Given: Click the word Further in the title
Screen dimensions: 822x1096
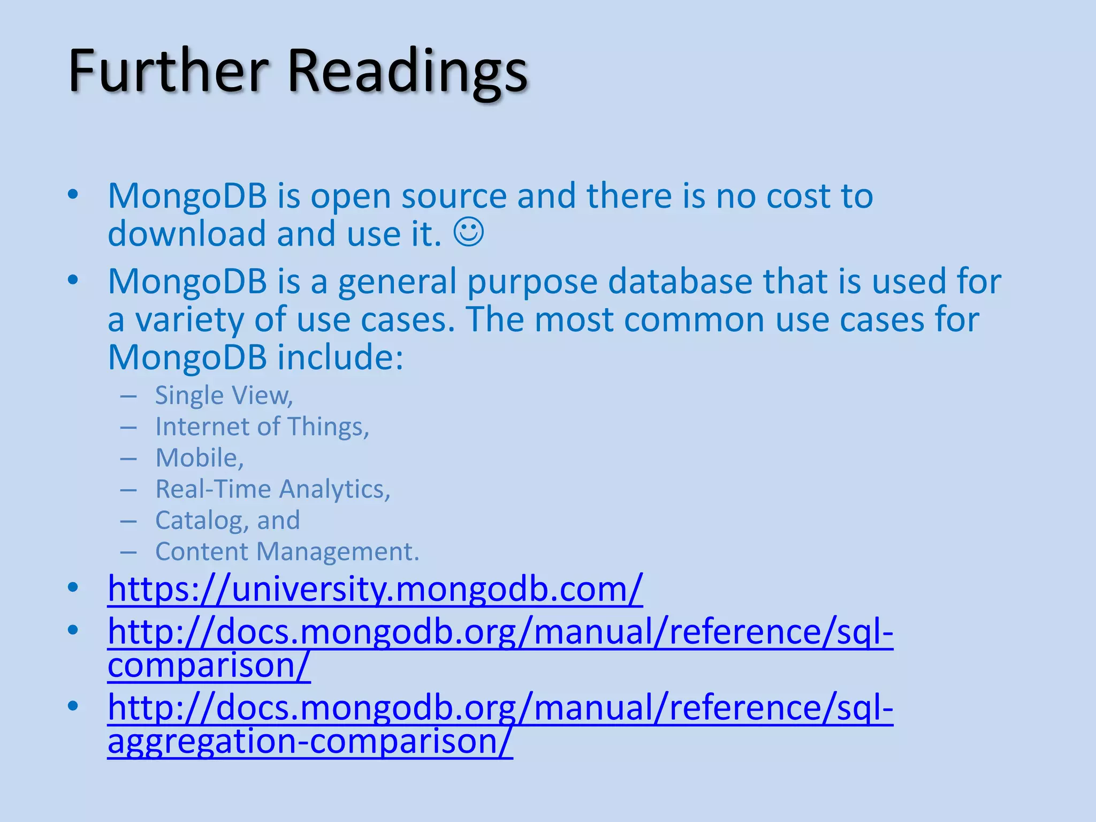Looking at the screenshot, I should click(x=168, y=71).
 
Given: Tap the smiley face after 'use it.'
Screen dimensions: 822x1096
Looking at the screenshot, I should click(x=469, y=232).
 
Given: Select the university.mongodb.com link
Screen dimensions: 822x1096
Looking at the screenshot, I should click(x=375, y=589).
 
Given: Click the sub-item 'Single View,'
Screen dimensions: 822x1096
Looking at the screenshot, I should click(x=224, y=395).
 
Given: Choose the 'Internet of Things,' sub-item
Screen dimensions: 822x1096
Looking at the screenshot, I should click(x=262, y=427).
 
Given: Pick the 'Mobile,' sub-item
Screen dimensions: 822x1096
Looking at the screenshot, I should click(x=200, y=458).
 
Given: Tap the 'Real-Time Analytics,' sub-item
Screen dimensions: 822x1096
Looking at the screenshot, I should click(x=273, y=489).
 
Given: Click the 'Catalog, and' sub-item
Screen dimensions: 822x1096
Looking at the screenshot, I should click(x=227, y=520).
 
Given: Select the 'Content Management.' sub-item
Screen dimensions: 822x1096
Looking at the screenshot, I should click(x=287, y=552).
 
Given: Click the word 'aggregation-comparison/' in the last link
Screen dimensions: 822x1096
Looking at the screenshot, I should click(x=310, y=742).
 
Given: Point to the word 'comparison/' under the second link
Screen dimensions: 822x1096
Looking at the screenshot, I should click(x=209, y=666).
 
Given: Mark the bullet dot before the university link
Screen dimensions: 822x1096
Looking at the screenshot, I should click(x=73, y=588).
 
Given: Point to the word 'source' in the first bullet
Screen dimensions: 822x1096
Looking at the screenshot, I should click(x=454, y=196).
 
